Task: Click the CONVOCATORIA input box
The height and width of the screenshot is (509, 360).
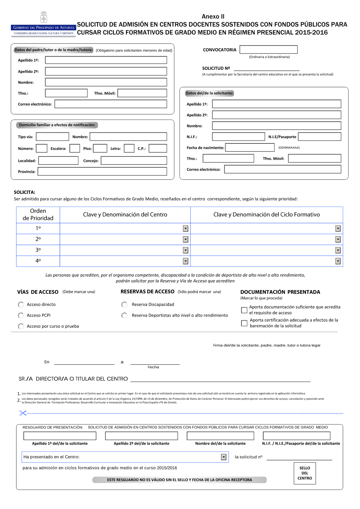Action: pyautogui.click(x=269, y=50)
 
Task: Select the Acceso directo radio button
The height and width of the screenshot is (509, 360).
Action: pyautogui.click(x=21, y=305)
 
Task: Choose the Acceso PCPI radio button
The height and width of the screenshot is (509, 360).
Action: pyautogui.click(x=21, y=315)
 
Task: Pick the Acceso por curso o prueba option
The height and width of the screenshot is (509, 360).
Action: pyautogui.click(x=21, y=326)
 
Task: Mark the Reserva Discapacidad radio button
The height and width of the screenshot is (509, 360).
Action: pyautogui.click(x=125, y=305)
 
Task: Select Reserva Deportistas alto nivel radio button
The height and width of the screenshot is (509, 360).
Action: pyautogui.click(x=125, y=315)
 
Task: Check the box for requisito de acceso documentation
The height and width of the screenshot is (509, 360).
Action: pyautogui.click(x=244, y=310)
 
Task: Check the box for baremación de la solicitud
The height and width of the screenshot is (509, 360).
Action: pyautogui.click(x=244, y=323)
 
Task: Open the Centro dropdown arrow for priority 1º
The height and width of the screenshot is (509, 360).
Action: pyautogui.click(x=185, y=228)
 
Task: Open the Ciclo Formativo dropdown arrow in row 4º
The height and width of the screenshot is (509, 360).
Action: pyautogui.click(x=338, y=261)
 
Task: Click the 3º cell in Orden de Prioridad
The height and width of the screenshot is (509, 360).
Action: pyautogui.click(x=38, y=250)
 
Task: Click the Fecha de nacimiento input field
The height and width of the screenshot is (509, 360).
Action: pyautogui.click(x=250, y=147)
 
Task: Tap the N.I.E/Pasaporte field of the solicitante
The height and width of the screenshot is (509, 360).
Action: pyautogui.click(x=319, y=137)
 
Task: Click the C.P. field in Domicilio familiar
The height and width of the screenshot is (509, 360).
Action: pyautogui.click(x=158, y=148)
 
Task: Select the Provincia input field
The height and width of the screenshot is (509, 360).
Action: pyautogui.click(x=102, y=172)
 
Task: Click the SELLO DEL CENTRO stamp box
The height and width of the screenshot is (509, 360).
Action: pyautogui.click(x=305, y=473)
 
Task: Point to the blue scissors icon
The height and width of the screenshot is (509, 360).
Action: pyautogui.click(x=23, y=413)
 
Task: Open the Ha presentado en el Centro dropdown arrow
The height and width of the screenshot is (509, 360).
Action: pyautogui.click(x=224, y=457)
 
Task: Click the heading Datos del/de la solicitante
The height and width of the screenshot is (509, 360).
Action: pyautogui.click(x=209, y=93)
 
